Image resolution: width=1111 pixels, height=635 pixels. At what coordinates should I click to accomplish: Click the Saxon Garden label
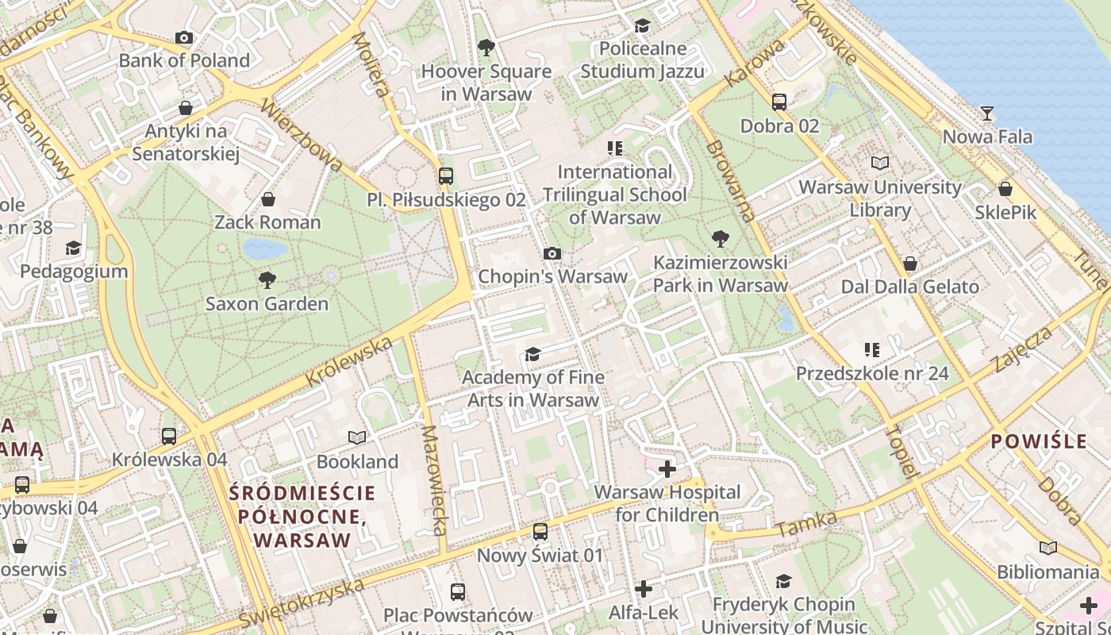point(267,304)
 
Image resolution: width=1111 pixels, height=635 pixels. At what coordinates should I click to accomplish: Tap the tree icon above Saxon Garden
point(267,279)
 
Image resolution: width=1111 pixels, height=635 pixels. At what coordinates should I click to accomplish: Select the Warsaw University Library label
point(880,198)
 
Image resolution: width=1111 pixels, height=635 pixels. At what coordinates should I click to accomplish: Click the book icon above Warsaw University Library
point(880,163)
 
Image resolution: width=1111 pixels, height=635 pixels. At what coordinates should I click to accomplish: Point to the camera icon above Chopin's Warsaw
point(552,253)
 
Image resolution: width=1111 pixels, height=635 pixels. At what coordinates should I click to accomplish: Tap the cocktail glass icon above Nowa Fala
point(986,114)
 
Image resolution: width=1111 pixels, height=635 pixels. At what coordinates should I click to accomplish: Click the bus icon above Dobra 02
point(779,102)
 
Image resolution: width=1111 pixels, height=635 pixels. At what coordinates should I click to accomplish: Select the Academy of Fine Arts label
point(532,388)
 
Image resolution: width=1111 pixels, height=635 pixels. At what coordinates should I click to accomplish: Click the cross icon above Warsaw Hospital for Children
point(667,468)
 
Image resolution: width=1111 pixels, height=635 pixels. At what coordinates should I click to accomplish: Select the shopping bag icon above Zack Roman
point(268,198)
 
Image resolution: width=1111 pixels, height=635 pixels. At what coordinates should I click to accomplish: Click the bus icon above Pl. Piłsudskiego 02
point(446,175)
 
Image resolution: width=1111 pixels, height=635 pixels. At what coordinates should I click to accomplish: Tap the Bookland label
point(357,461)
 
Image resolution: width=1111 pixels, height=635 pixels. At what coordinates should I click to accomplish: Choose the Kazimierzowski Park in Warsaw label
point(720,274)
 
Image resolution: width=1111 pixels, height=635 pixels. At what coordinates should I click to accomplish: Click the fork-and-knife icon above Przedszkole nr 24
point(872,349)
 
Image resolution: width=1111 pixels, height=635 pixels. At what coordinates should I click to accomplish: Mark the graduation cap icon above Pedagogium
point(73,248)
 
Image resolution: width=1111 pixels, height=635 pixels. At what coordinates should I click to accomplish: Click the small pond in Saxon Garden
point(265,249)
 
